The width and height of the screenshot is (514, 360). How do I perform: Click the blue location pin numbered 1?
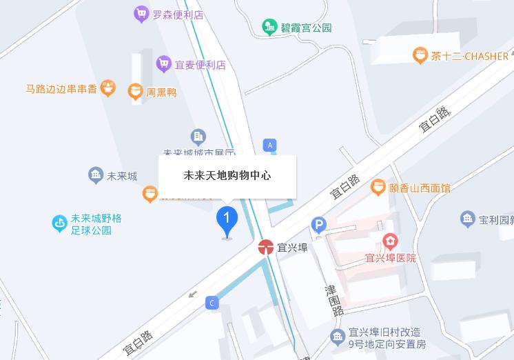coord(227,220)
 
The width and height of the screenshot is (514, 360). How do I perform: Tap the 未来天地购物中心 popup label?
coord(227,175)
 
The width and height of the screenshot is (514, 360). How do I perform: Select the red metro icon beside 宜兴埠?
coord(266,247)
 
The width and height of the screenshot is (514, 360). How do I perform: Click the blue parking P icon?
coord(318,225)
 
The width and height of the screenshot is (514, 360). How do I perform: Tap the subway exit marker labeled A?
coord(270,145)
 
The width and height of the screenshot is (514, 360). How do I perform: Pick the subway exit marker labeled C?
coord(212,302)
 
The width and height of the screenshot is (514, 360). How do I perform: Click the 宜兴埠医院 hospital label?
coord(391,258)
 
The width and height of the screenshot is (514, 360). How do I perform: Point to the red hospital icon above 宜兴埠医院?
coord(391,241)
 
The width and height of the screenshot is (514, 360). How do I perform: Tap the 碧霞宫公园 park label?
coord(306,28)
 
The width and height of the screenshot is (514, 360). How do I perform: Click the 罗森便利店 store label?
coord(178,14)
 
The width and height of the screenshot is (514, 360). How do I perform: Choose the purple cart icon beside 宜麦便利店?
coord(163,64)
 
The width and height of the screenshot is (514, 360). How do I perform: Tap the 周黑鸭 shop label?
coord(161,92)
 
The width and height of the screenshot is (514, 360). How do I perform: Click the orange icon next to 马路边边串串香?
coord(107,88)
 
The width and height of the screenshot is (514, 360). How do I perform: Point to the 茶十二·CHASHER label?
coord(469,57)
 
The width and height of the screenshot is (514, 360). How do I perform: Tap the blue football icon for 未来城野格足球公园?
coord(60,223)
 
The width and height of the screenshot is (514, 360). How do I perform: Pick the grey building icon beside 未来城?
coord(96,175)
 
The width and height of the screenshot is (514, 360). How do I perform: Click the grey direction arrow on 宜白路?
coord(193,294)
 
